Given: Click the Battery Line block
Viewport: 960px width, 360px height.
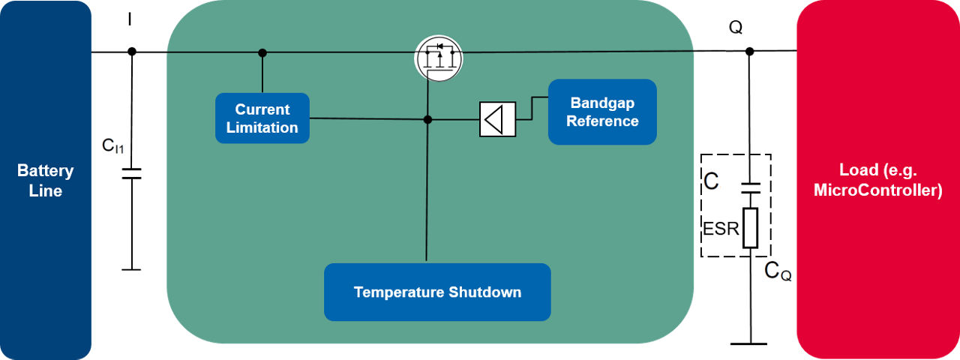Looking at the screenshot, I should tap(45, 180).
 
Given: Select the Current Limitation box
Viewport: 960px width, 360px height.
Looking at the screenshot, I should tap(262, 118).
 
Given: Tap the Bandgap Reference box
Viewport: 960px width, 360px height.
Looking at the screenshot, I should tap(602, 112).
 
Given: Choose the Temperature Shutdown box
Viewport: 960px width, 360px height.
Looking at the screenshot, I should tap(437, 292).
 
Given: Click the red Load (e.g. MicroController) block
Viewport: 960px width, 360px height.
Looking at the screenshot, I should tap(877, 180).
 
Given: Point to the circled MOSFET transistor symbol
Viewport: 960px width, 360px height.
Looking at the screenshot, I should tap(439, 57).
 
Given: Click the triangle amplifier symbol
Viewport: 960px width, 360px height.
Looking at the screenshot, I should tap(497, 119).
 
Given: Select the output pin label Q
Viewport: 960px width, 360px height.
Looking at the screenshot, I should tap(736, 28).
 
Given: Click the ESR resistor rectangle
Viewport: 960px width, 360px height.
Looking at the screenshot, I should tap(750, 228).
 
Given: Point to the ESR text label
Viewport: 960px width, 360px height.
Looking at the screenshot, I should tap(721, 227).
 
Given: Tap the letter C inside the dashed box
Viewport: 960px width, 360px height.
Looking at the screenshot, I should tap(712, 182).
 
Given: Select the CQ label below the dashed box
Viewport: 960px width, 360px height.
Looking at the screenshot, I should tap(777, 272).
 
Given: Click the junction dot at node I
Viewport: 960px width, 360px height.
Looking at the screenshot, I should tap(132, 52).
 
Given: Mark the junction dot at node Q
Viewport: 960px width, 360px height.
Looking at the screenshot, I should tap(749, 51).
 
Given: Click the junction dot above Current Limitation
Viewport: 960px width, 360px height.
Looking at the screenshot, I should tap(262, 52).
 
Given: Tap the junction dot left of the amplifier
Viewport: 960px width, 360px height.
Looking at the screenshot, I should tap(427, 119).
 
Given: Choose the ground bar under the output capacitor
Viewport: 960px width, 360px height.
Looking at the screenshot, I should tap(750, 343).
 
